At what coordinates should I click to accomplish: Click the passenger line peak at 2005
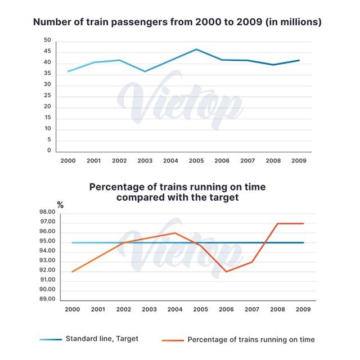[196, 49]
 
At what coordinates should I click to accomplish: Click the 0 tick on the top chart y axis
[49, 151]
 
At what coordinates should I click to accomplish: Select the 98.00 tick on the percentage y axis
[64, 212]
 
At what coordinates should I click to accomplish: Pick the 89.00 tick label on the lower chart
[64, 299]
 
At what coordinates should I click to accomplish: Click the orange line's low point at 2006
[226, 272]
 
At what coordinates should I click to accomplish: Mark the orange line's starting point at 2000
[72, 272]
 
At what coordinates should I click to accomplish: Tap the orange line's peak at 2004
[175, 233]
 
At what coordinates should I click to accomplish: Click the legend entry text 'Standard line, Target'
[102, 339]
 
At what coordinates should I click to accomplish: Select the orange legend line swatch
[172, 339]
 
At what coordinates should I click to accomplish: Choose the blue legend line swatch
[50, 339]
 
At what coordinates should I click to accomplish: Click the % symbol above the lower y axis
[60, 205]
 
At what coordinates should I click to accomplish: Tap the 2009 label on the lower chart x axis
[303, 309]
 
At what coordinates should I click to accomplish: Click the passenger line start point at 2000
[67, 71]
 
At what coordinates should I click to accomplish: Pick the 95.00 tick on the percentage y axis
[64, 241]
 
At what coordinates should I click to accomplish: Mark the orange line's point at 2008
[278, 223]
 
